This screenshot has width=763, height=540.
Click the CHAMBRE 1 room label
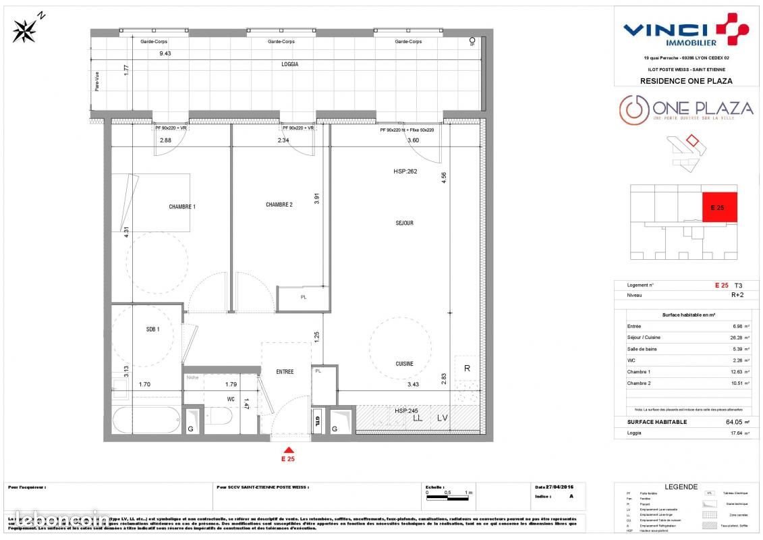coord(182,207)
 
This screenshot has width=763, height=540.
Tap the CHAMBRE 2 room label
coord(279,205)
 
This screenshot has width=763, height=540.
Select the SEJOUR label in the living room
coord(404,223)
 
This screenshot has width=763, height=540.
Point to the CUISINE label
coord(404,364)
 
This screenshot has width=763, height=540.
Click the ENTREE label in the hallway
coord(285,372)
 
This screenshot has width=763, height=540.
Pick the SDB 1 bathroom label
coord(153,329)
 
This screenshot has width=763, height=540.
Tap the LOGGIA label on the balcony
coord(290,64)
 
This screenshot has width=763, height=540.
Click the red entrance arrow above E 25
coord(289,450)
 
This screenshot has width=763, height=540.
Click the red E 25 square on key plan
coord(719,208)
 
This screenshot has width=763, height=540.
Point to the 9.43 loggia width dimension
coord(165,53)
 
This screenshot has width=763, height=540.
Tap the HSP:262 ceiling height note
coord(405,171)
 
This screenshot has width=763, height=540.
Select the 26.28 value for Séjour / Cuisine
coord(723,338)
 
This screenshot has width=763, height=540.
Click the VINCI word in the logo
coord(664,30)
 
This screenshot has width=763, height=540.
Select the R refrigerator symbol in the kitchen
coord(467,368)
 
